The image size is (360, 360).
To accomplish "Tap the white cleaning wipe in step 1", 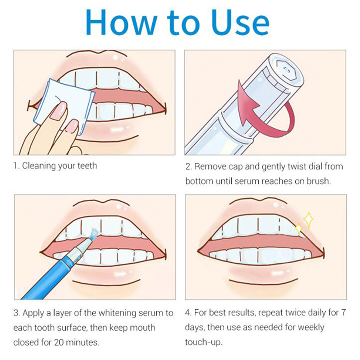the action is (x=64, y=106).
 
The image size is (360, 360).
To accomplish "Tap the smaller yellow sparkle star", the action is (x=299, y=229).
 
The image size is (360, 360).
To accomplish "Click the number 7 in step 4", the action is (x=343, y=313).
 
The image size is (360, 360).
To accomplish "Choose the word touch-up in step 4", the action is (x=204, y=342).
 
